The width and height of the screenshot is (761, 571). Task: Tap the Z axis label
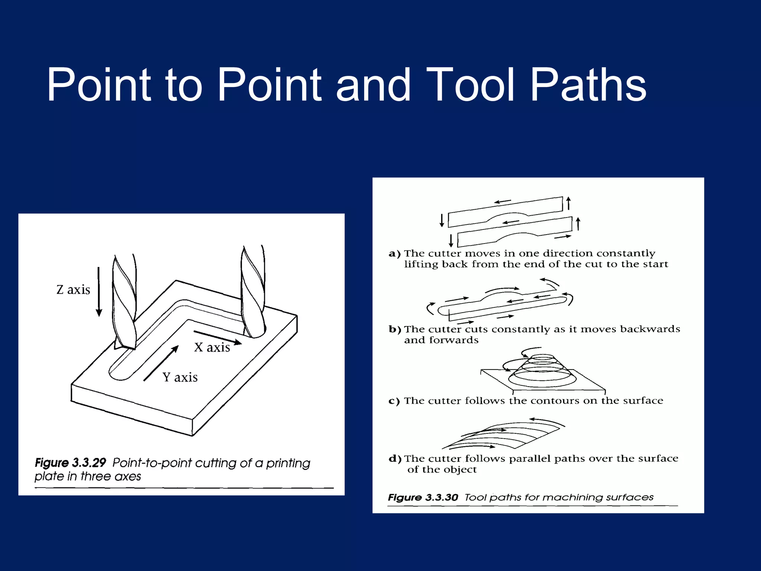[73, 290]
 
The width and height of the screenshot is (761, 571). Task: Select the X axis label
[212, 348]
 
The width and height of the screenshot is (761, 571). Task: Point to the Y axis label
[180, 378]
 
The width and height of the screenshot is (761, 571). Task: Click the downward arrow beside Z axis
[99, 292]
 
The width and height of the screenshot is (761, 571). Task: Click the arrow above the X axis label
[218, 337]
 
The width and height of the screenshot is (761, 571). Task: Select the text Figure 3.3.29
[71, 463]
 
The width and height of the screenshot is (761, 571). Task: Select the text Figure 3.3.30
[423, 497]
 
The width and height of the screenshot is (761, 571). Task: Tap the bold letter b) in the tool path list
[395, 329]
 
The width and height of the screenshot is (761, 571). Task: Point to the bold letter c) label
[394, 401]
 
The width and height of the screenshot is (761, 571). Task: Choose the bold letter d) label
[395, 459]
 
